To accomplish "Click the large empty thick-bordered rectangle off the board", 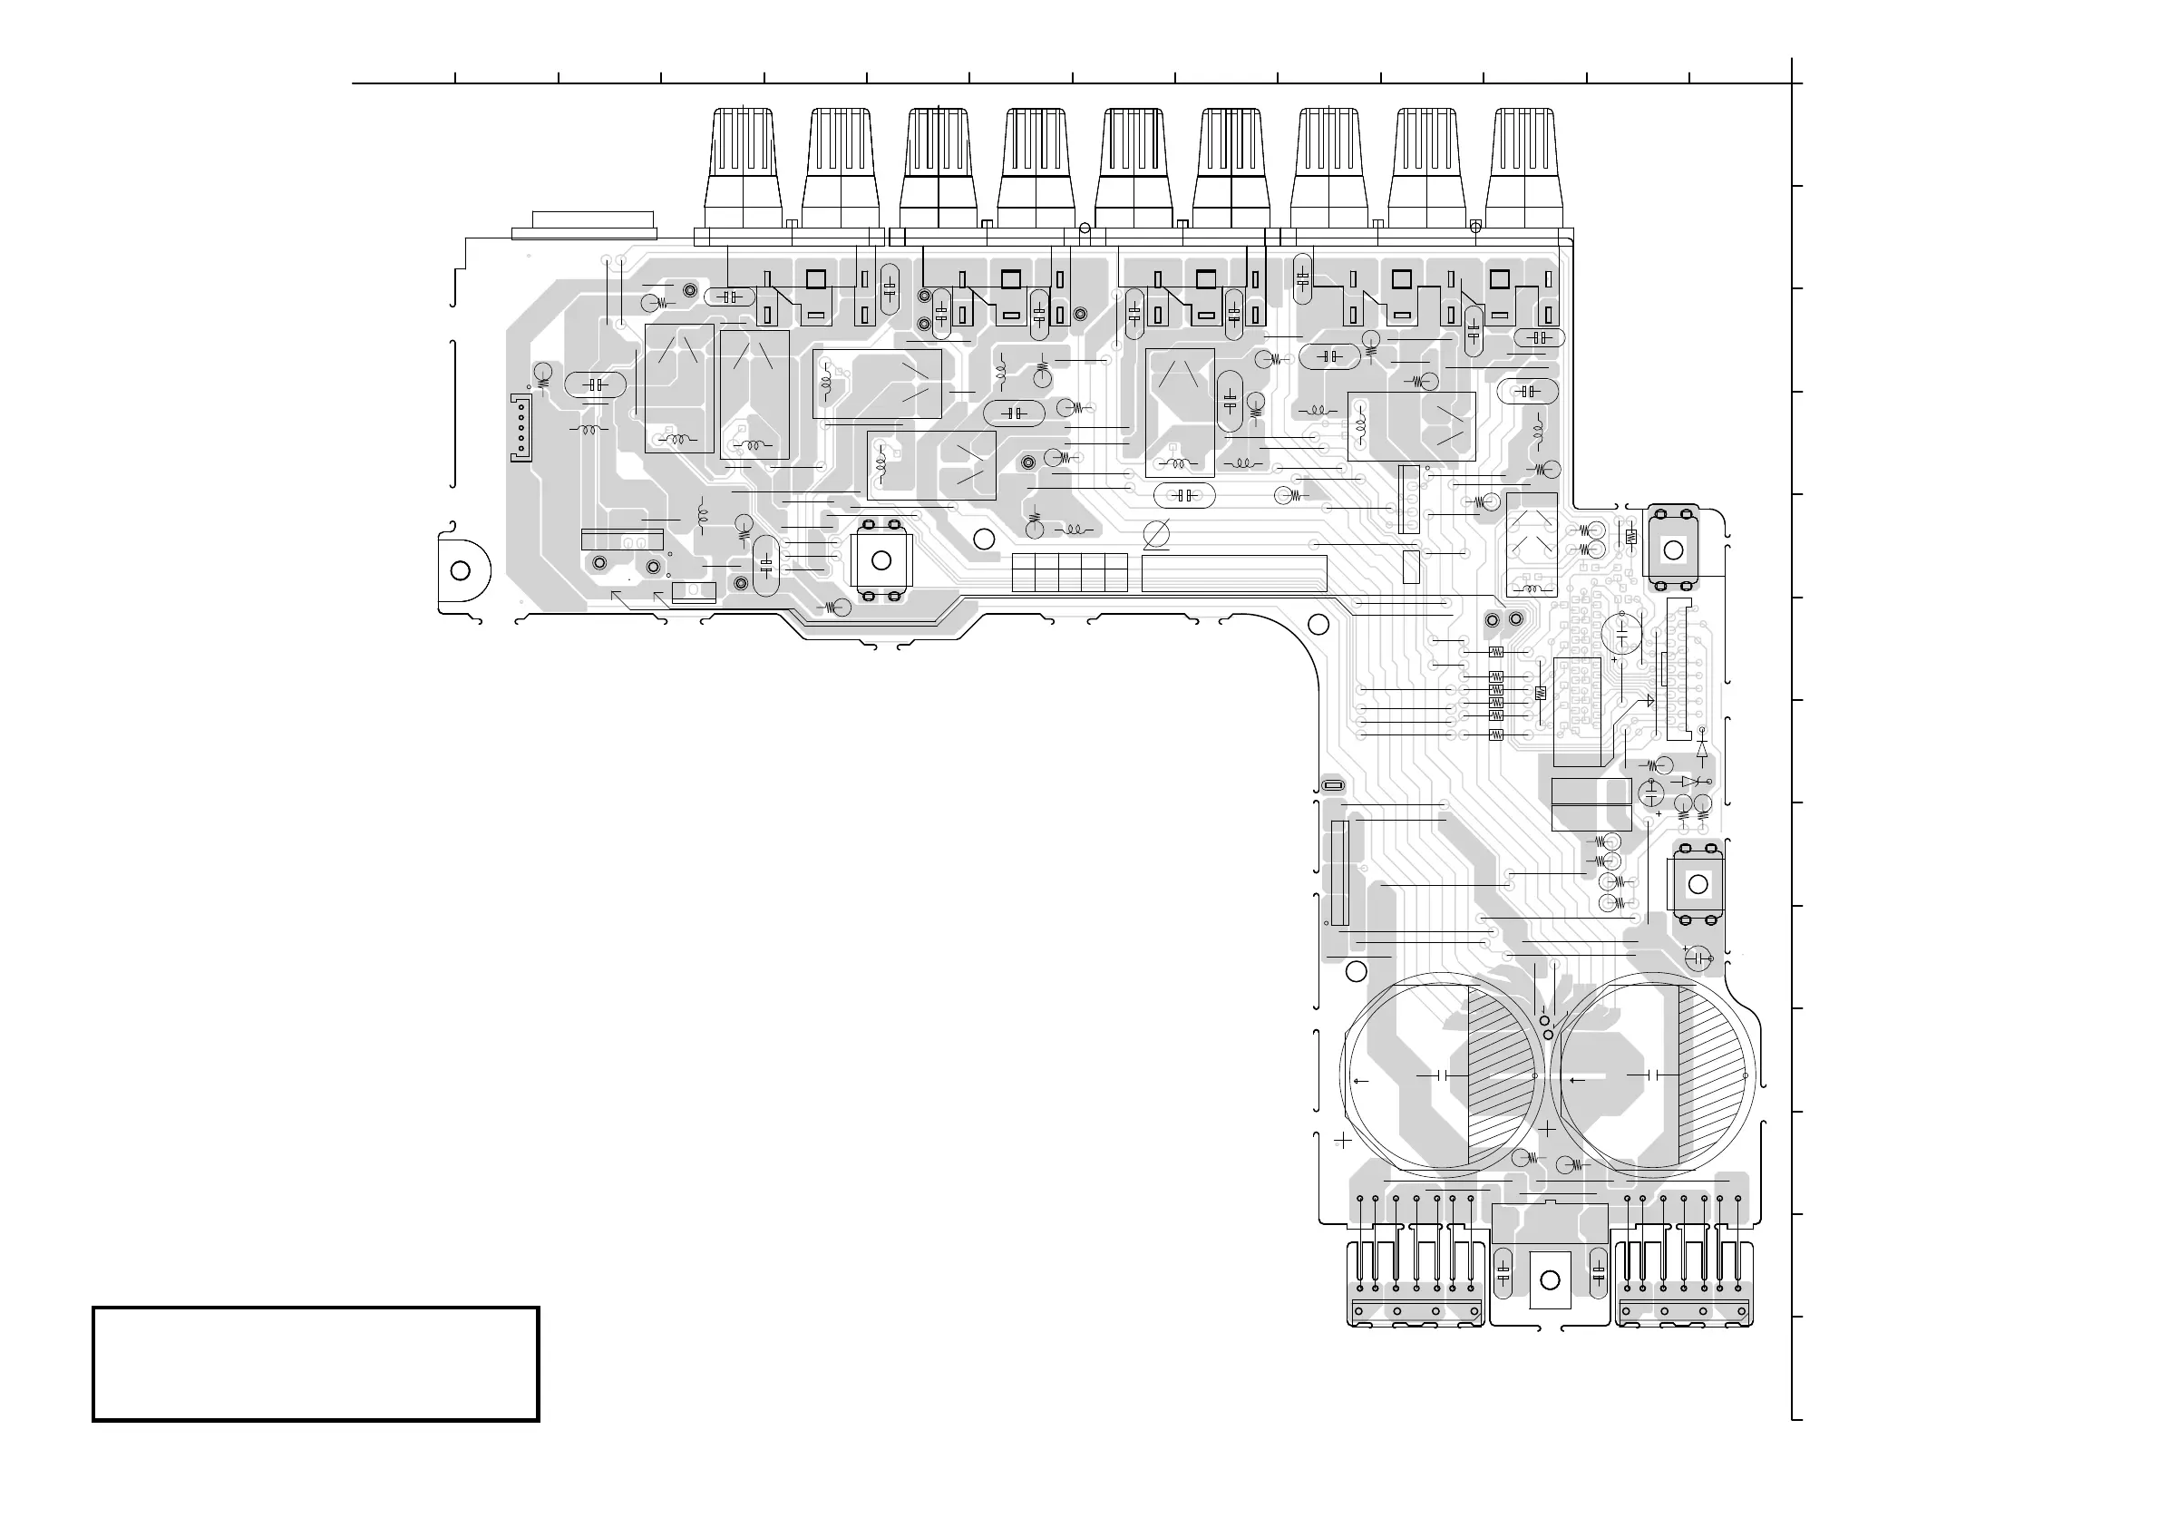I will click(x=316, y=1363).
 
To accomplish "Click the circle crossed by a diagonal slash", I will click(x=1156, y=533).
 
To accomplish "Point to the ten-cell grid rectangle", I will click(x=1070, y=573).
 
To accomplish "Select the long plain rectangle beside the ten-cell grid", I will click(x=1234, y=573).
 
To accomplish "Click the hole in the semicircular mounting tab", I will click(x=461, y=571).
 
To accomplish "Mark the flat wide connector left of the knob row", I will click(x=584, y=227).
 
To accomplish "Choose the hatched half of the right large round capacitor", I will click(x=1712, y=1075).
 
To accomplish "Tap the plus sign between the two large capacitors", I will click(x=1547, y=1129).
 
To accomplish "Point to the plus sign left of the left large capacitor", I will click(x=1343, y=1141).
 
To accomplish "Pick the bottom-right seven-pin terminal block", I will click(x=1684, y=1284).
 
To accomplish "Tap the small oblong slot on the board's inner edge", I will click(x=1333, y=785).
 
